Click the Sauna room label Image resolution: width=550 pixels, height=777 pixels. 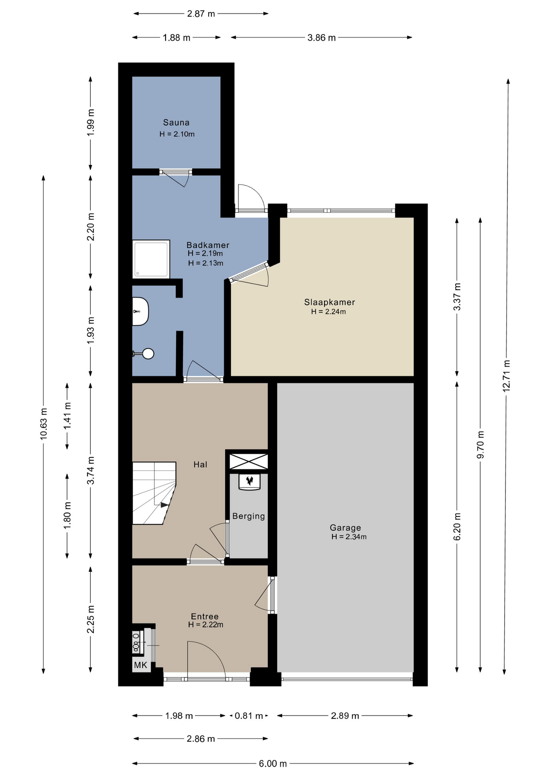pyautogui.click(x=176, y=122)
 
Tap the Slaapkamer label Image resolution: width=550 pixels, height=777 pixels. pyautogui.click(x=329, y=302)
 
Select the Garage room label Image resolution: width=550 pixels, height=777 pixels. pyautogui.click(x=345, y=528)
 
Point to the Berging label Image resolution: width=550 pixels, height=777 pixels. pyautogui.click(x=249, y=516)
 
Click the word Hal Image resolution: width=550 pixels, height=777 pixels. pyautogui.click(x=200, y=465)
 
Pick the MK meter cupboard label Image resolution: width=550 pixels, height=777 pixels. pyautogui.click(x=141, y=665)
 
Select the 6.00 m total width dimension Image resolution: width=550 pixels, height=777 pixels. pyautogui.click(x=273, y=764)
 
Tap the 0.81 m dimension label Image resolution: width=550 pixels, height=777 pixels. pyautogui.click(x=249, y=716)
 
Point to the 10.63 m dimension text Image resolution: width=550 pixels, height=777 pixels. pyautogui.click(x=44, y=424)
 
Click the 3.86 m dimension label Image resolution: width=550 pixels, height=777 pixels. pyautogui.click(x=322, y=38)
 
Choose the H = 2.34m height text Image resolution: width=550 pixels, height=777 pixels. pyautogui.click(x=349, y=537)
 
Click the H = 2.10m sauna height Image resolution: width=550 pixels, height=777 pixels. pyautogui.click(x=177, y=134)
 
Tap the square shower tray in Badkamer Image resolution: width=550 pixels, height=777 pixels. pyautogui.click(x=151, y=259)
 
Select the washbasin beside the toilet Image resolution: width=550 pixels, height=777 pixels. pyautogui.click(x=140, y=312)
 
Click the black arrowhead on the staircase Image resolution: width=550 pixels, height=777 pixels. pyautogui.click(x=164, y=505)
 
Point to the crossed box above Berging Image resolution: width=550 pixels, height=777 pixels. pyautogui.click(x=249, y=462)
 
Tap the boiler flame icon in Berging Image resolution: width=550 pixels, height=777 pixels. pyautogui.click(x=249, y=480)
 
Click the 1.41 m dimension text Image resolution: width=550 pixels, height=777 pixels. pyautogui.click(x=67, y=416)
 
